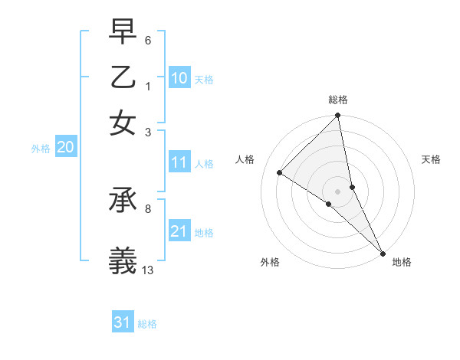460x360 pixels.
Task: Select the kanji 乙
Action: coord(123,79)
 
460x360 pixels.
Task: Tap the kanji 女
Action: coord(123,123)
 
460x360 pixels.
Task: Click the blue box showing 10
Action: coord(179,78)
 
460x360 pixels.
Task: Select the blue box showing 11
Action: coord(179,162)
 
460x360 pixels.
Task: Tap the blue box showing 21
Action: coord(179,231)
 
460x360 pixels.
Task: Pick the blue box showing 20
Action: coord(65,148)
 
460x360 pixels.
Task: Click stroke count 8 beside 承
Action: coord(148,208)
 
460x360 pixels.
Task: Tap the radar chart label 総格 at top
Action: coord(338,100)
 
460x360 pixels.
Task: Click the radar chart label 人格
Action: coord(245,159)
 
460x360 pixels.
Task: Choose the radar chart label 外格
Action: coord(270,262)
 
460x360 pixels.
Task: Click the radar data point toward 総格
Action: coord(338,116)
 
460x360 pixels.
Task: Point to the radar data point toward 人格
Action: coord(280,172)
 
